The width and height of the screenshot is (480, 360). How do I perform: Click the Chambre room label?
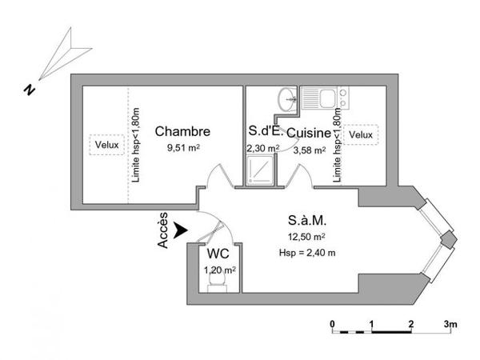coord(182,131)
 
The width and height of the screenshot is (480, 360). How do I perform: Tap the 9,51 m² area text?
coord(183,148)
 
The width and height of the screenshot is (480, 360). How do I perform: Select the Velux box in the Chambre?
coord(107,145)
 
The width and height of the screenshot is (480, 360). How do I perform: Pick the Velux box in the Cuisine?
coord(361,134)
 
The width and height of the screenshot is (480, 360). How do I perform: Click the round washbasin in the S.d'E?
coord(287,99)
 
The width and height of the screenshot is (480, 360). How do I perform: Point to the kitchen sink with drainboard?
coord(318,98)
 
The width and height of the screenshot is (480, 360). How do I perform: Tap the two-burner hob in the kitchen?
coord(343,98)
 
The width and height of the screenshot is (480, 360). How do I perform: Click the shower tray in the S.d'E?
coord(260,170)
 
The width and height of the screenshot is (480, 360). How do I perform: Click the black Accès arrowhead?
coord(180,230)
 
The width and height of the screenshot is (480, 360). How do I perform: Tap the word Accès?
coord(163,230)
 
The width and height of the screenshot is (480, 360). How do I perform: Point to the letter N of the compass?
coord(30,90)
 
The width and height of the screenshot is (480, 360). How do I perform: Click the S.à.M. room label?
coord(307,221)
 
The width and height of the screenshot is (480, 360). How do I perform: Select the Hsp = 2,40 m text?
coord(307,253)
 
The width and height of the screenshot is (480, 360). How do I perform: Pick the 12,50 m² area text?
coord(306,237)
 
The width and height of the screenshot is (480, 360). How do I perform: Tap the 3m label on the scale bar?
coord(450,324)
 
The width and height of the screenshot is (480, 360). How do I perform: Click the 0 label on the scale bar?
coord(333,324)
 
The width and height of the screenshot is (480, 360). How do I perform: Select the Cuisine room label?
coord(309,133)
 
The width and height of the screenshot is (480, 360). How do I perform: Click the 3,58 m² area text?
coord(310,150)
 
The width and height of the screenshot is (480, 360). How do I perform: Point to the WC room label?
coord(218,254)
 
